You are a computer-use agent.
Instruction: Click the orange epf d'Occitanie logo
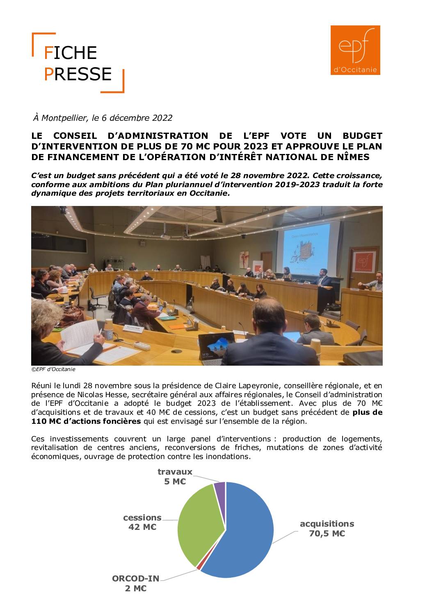click(x=355, y=50)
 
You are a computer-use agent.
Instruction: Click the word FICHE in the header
click(x=71, y=53)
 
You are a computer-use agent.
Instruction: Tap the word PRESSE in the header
click(x=78, y=74)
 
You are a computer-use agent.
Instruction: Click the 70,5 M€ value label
click(x=327, y=534)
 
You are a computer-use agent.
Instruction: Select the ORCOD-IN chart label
click(x=135, y=579)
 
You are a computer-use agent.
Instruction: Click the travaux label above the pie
click(x=175, y=472)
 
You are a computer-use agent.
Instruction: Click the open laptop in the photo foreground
click(x=216, y=347)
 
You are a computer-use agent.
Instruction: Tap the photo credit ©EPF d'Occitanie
click(x=53, y=369)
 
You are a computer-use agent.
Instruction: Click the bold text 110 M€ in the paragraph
click(x=44, y=421)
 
